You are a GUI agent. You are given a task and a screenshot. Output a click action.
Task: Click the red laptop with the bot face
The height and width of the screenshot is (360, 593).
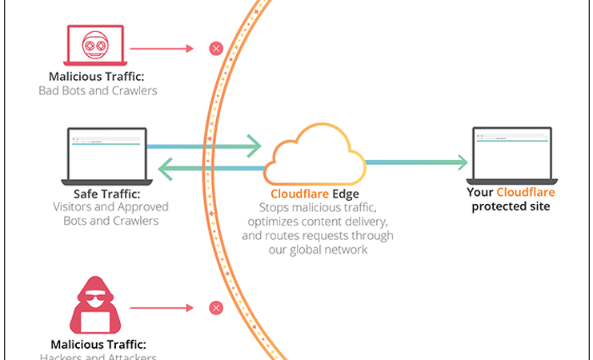(98, 49)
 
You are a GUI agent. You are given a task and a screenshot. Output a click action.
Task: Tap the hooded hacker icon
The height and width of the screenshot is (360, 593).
(98, 307)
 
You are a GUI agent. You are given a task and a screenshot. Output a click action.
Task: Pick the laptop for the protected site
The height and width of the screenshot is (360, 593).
(511, 154)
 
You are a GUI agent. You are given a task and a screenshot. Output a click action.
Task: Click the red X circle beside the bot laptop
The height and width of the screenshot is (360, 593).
(215, 49)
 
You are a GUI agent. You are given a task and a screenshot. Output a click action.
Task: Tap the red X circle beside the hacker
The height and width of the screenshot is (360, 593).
(215, 307)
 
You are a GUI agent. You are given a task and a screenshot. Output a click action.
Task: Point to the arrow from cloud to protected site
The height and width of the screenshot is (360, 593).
(416, 162)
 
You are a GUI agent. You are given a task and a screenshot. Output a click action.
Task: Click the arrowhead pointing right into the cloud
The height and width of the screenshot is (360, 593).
(254, 146)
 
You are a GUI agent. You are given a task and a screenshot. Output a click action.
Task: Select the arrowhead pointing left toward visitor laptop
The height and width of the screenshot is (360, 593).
(165, 167)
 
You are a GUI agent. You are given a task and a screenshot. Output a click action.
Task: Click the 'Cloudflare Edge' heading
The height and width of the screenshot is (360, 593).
(316, 193)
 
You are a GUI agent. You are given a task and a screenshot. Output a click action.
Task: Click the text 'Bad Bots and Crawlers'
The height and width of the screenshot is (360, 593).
(98, 90)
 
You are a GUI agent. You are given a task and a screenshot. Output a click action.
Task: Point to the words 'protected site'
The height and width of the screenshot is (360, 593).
(511, 206)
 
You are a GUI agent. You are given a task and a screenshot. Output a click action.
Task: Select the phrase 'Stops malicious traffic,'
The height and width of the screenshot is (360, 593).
(316, 207)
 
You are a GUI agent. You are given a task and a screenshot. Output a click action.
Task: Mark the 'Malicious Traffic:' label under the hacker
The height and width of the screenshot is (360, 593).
(98, 345)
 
